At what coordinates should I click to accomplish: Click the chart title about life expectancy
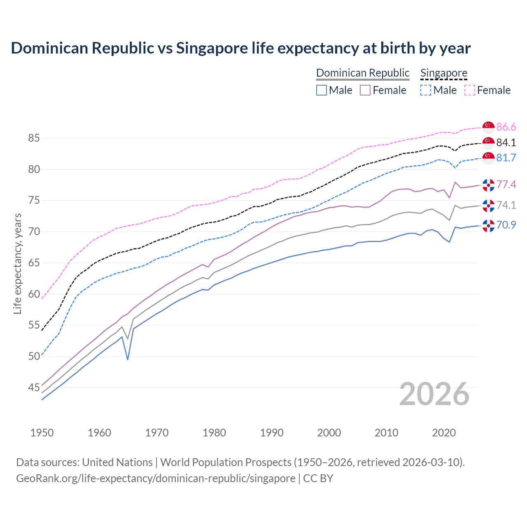pos(241,48)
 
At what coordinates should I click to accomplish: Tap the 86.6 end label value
pos(506,127)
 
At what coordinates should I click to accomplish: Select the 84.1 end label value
pos(506,142)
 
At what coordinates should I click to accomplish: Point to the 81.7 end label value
pos(506,158)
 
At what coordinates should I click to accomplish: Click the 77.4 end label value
pos(506,184)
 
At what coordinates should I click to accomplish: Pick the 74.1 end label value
pos(506,205)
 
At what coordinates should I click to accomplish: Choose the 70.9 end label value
pos(506,225)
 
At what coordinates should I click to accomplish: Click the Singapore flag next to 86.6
pos(488,127)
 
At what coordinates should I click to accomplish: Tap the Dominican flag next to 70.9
pos(488,226)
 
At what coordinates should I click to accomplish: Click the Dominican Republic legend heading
pos(363,73)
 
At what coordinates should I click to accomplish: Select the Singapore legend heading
pos(444,73)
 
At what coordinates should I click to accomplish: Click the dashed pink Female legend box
pos(470,90)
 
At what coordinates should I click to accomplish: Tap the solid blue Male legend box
pos(322,90)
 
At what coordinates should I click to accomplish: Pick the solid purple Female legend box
pos(365,90)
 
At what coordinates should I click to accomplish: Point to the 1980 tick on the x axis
pos(215,433)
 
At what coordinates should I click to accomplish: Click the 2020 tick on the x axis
pos(444,433)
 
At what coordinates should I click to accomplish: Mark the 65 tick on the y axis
pos(34,263)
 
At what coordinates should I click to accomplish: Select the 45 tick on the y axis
pos(34,387)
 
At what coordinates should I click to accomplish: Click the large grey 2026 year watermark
pos(434,394)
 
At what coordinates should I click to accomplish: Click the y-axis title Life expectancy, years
pos(17,263)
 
